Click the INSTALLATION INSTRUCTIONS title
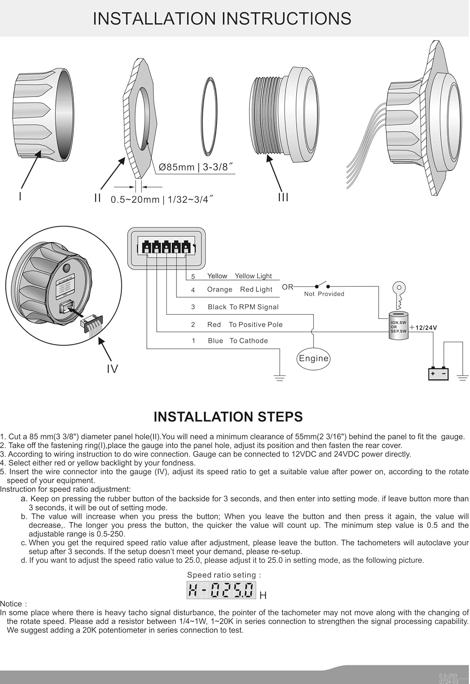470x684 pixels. (x=222, y=19)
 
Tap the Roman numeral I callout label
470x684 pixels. (x=20, y=197)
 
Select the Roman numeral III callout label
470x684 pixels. (x=283, y=197)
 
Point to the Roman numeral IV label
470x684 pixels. (x=112, y=368)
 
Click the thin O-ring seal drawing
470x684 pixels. (x=209, y=116)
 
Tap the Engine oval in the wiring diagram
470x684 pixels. (x=313, y=358)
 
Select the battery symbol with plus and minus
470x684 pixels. (x=438, y=373)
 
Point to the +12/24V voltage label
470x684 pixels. (x=424, y=327)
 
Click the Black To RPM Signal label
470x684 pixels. (x=243, y=307)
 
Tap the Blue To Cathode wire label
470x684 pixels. (x=238, y=341)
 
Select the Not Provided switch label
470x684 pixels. (x=324, y=294)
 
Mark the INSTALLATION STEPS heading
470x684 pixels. (x=228, y=416)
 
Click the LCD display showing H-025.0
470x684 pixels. (x=222, y=590)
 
